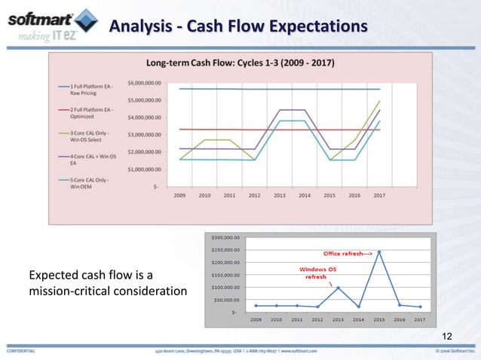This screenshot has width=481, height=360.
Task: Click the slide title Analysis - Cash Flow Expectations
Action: point(238,28)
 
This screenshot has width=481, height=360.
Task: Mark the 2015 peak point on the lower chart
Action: point(379,252)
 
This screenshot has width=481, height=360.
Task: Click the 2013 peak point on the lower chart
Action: point(339,287)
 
